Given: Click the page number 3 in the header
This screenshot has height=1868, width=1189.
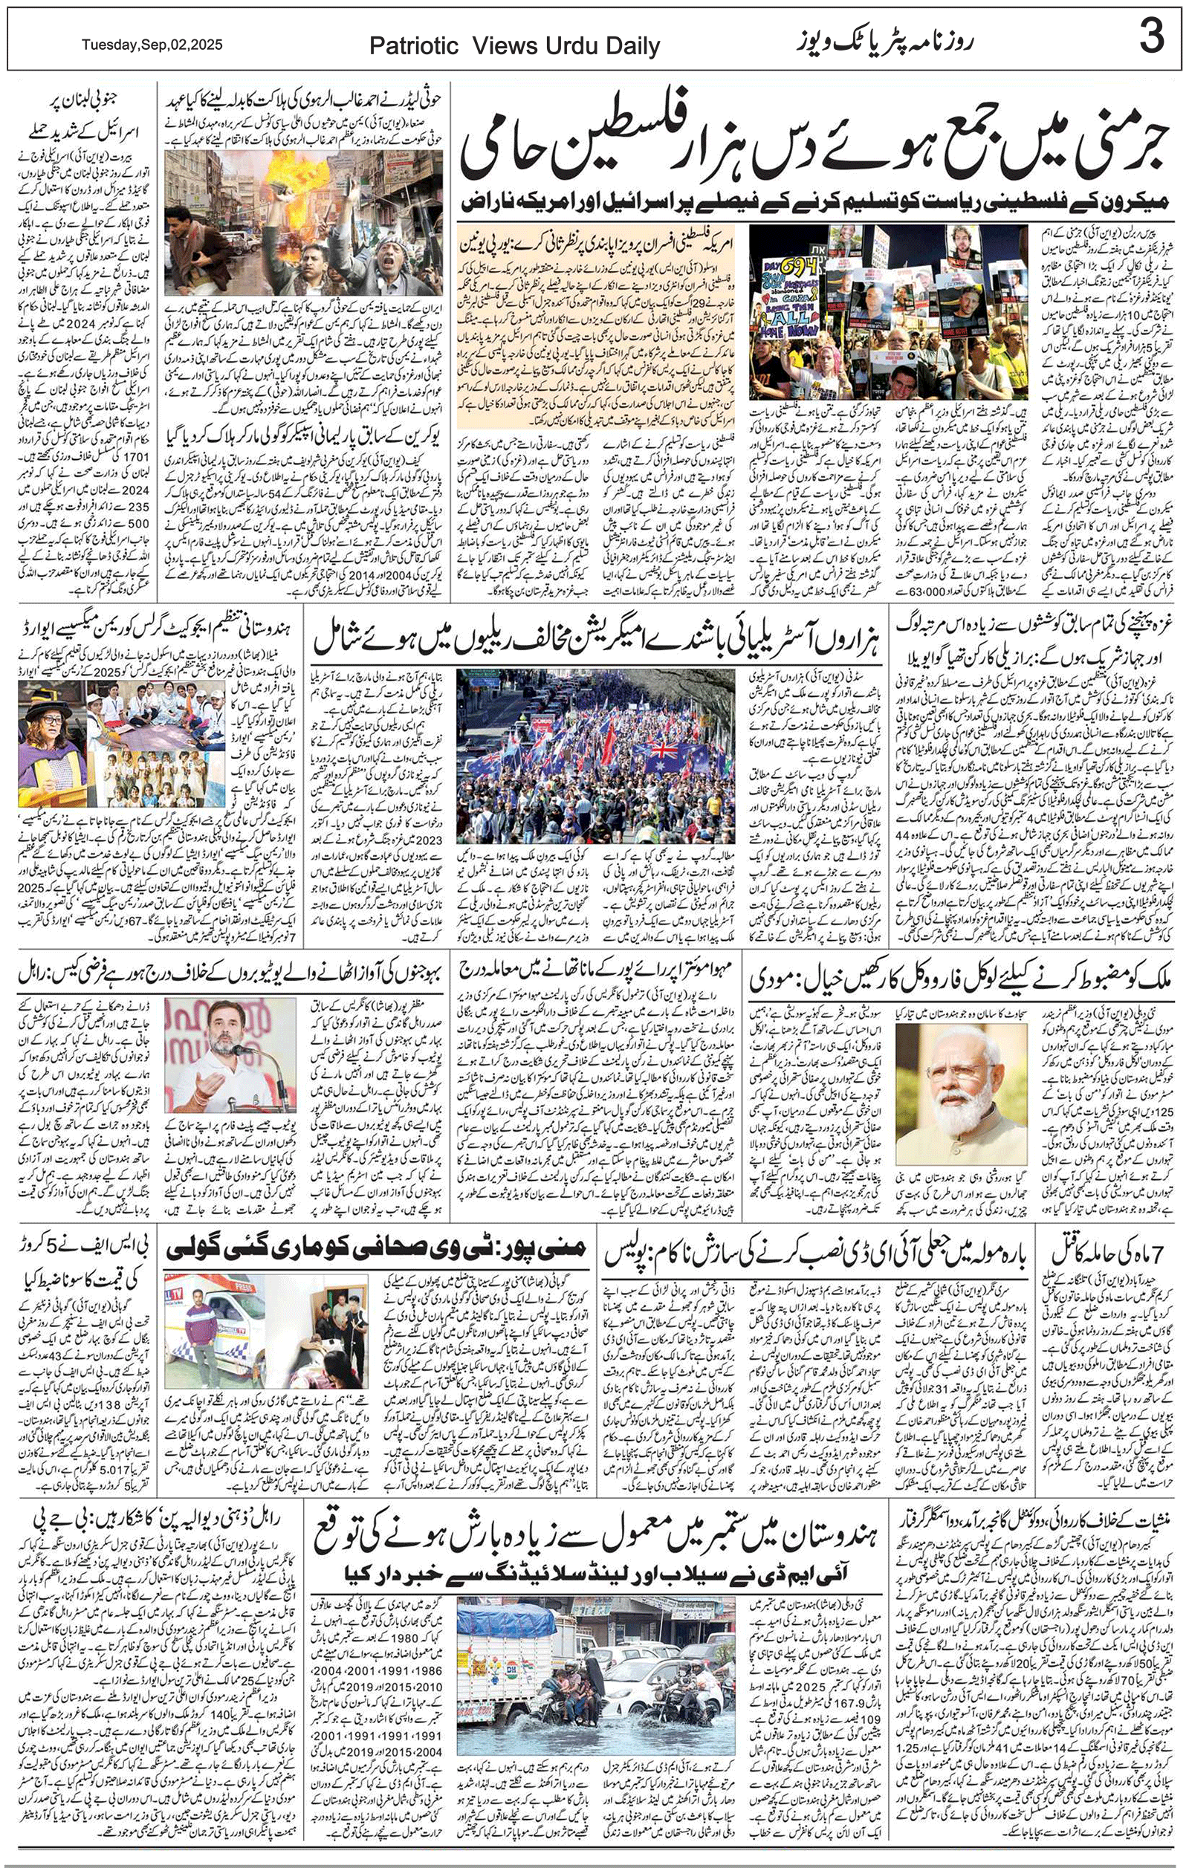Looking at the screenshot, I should click(x=1151, y=38).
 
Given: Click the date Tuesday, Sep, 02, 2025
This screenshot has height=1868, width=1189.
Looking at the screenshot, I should click(x=152, y=45).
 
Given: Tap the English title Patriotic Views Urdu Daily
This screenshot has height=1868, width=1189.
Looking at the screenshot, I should click(x=514, y=47).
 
